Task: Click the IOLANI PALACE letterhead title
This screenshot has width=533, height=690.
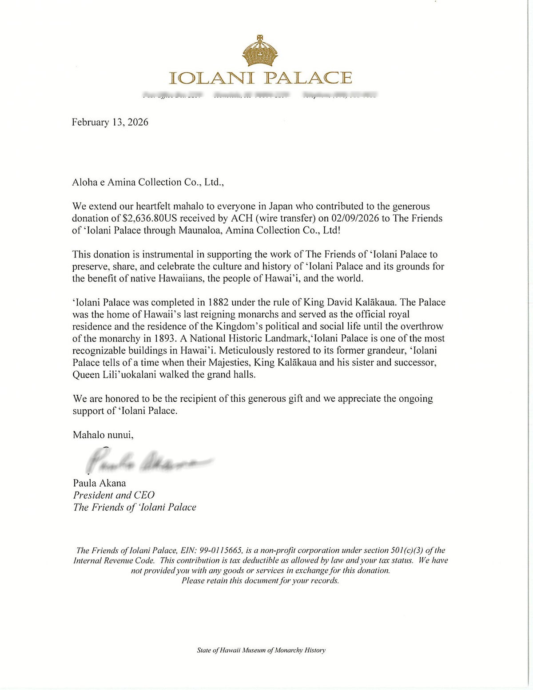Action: [x=261, y=78]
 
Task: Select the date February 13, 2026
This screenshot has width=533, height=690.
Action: [x=110, y=123]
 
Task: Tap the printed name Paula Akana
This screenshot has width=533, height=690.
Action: [x=99, y=483]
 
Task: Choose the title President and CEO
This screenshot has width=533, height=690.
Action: [x=114, y=495]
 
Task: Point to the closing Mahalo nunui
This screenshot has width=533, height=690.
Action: [x=103, y=435]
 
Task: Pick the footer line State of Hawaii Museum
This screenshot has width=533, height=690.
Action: [x=261, y=650]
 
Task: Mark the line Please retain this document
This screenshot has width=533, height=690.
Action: [x=260, y=581]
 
